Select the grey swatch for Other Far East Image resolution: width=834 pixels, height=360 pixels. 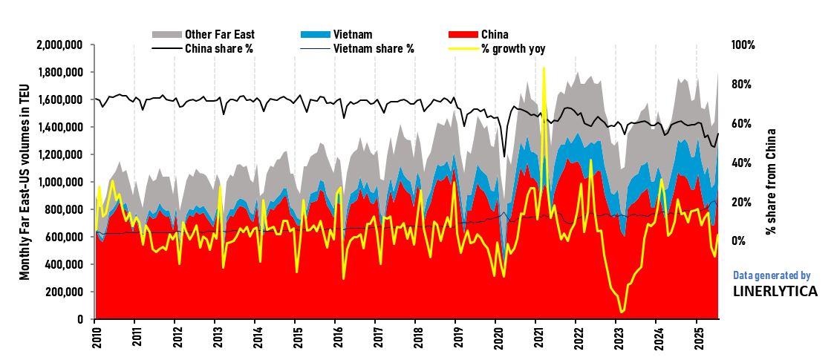point(166,35)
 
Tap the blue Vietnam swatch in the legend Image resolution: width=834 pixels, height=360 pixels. point(315,35)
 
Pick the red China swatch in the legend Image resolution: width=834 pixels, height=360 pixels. point(463,35)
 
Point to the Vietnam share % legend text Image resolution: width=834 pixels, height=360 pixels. point(374,49)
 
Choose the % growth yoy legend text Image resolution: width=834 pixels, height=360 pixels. point(518,49)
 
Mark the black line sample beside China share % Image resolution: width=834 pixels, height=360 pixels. point(166,49)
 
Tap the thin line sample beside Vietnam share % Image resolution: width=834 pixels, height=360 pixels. point(315,49)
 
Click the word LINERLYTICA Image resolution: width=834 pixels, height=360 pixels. point(775,292)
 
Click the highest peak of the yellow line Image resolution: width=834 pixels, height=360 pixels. point(544,68)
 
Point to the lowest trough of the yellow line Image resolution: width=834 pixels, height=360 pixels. point(621,312)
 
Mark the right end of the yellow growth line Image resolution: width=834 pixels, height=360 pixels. point(718,236)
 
